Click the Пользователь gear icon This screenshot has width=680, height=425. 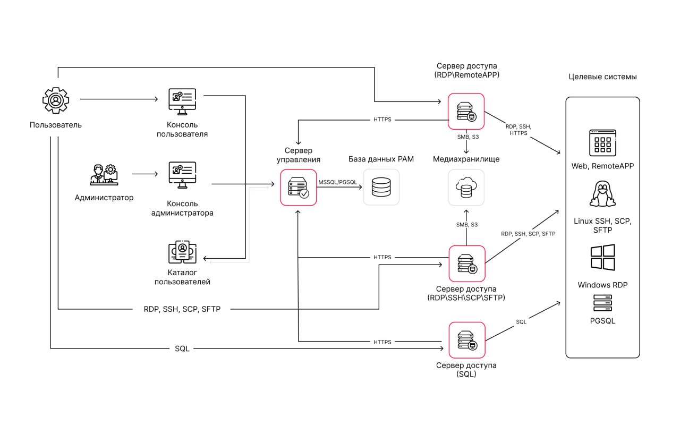(56, 100)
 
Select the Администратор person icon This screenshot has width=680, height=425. (104, 174)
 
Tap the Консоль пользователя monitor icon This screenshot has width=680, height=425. (182, 101)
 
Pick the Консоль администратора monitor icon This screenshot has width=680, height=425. (182, 175)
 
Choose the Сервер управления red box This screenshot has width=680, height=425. (299, 187)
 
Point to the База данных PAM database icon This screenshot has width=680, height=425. (381, 187)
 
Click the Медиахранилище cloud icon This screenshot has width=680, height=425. (466, 187)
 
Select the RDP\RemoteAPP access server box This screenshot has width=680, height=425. (466, 112)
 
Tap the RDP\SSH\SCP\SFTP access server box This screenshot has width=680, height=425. (466, 263)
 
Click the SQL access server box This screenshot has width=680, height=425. (466, 340)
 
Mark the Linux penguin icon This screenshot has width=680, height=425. (602, 194)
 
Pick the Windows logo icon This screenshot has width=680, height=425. (602, 257)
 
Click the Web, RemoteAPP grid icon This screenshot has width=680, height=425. (602, 142)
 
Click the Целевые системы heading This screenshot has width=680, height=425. (602, 77)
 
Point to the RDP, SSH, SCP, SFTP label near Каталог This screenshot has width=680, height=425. (182, 309)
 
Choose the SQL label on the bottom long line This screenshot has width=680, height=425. (182, 348)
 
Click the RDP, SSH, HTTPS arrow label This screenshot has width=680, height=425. (518, 130)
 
